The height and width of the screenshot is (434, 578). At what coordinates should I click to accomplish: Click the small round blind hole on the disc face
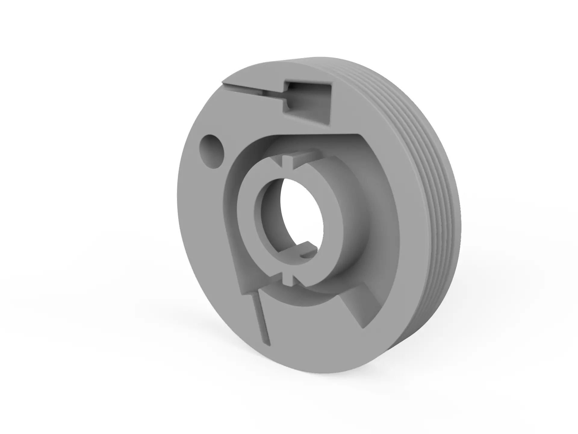click(212, 151)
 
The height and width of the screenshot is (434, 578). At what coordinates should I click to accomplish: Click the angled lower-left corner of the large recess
click(244, 291)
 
